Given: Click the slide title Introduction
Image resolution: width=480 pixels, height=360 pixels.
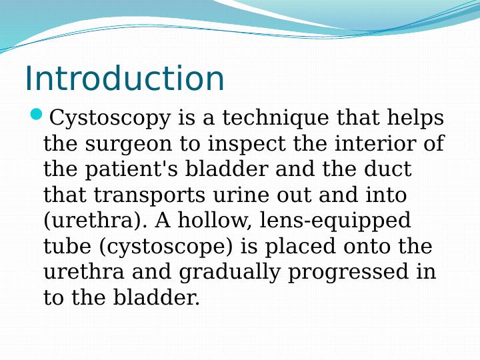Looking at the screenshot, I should (x=125, y=79).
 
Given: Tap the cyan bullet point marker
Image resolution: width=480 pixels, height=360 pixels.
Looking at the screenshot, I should (x=37, y=116).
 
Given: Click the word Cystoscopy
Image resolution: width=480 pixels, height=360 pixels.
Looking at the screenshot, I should (x=110, y=119).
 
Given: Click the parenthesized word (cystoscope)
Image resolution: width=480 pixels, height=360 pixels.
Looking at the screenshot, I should (x=167, y=247).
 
